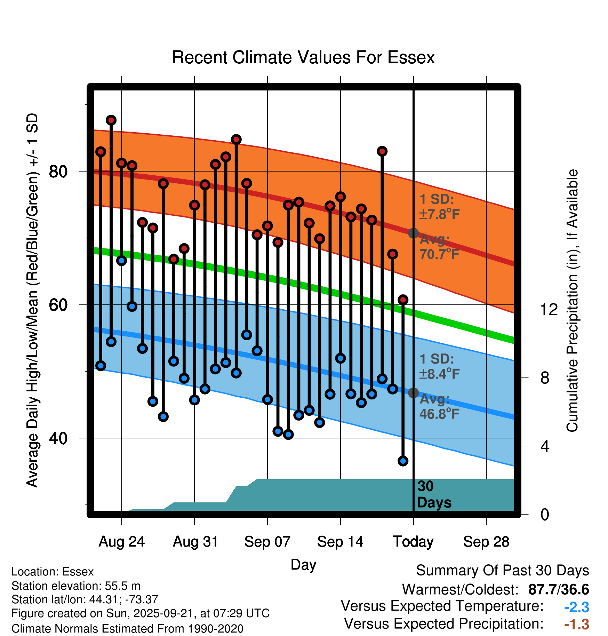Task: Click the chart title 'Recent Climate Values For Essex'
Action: coord(303,57)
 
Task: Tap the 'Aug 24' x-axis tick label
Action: coord(121,542)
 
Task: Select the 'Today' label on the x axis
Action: coord(413,542)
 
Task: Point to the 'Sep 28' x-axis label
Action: coord(486,542)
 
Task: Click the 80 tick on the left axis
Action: coord(58,171)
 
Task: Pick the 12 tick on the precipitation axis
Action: coord(549,309)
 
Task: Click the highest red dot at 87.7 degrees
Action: coord(111,120)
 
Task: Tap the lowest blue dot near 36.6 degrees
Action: coord(403,461)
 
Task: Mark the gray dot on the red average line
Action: coord(413,233)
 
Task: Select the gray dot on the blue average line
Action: coord(413,393)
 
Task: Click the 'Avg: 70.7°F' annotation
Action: coord(439,247)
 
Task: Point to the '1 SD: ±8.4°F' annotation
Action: coord(439,366)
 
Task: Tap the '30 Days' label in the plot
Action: coord(434,494)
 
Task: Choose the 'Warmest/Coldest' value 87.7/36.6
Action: coord(558,590)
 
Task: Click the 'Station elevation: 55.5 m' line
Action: coord(76,586)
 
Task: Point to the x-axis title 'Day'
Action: coord(303,564)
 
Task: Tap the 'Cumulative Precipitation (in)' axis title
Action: coord(572,301)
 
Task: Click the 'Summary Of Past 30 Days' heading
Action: coord(502,571)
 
